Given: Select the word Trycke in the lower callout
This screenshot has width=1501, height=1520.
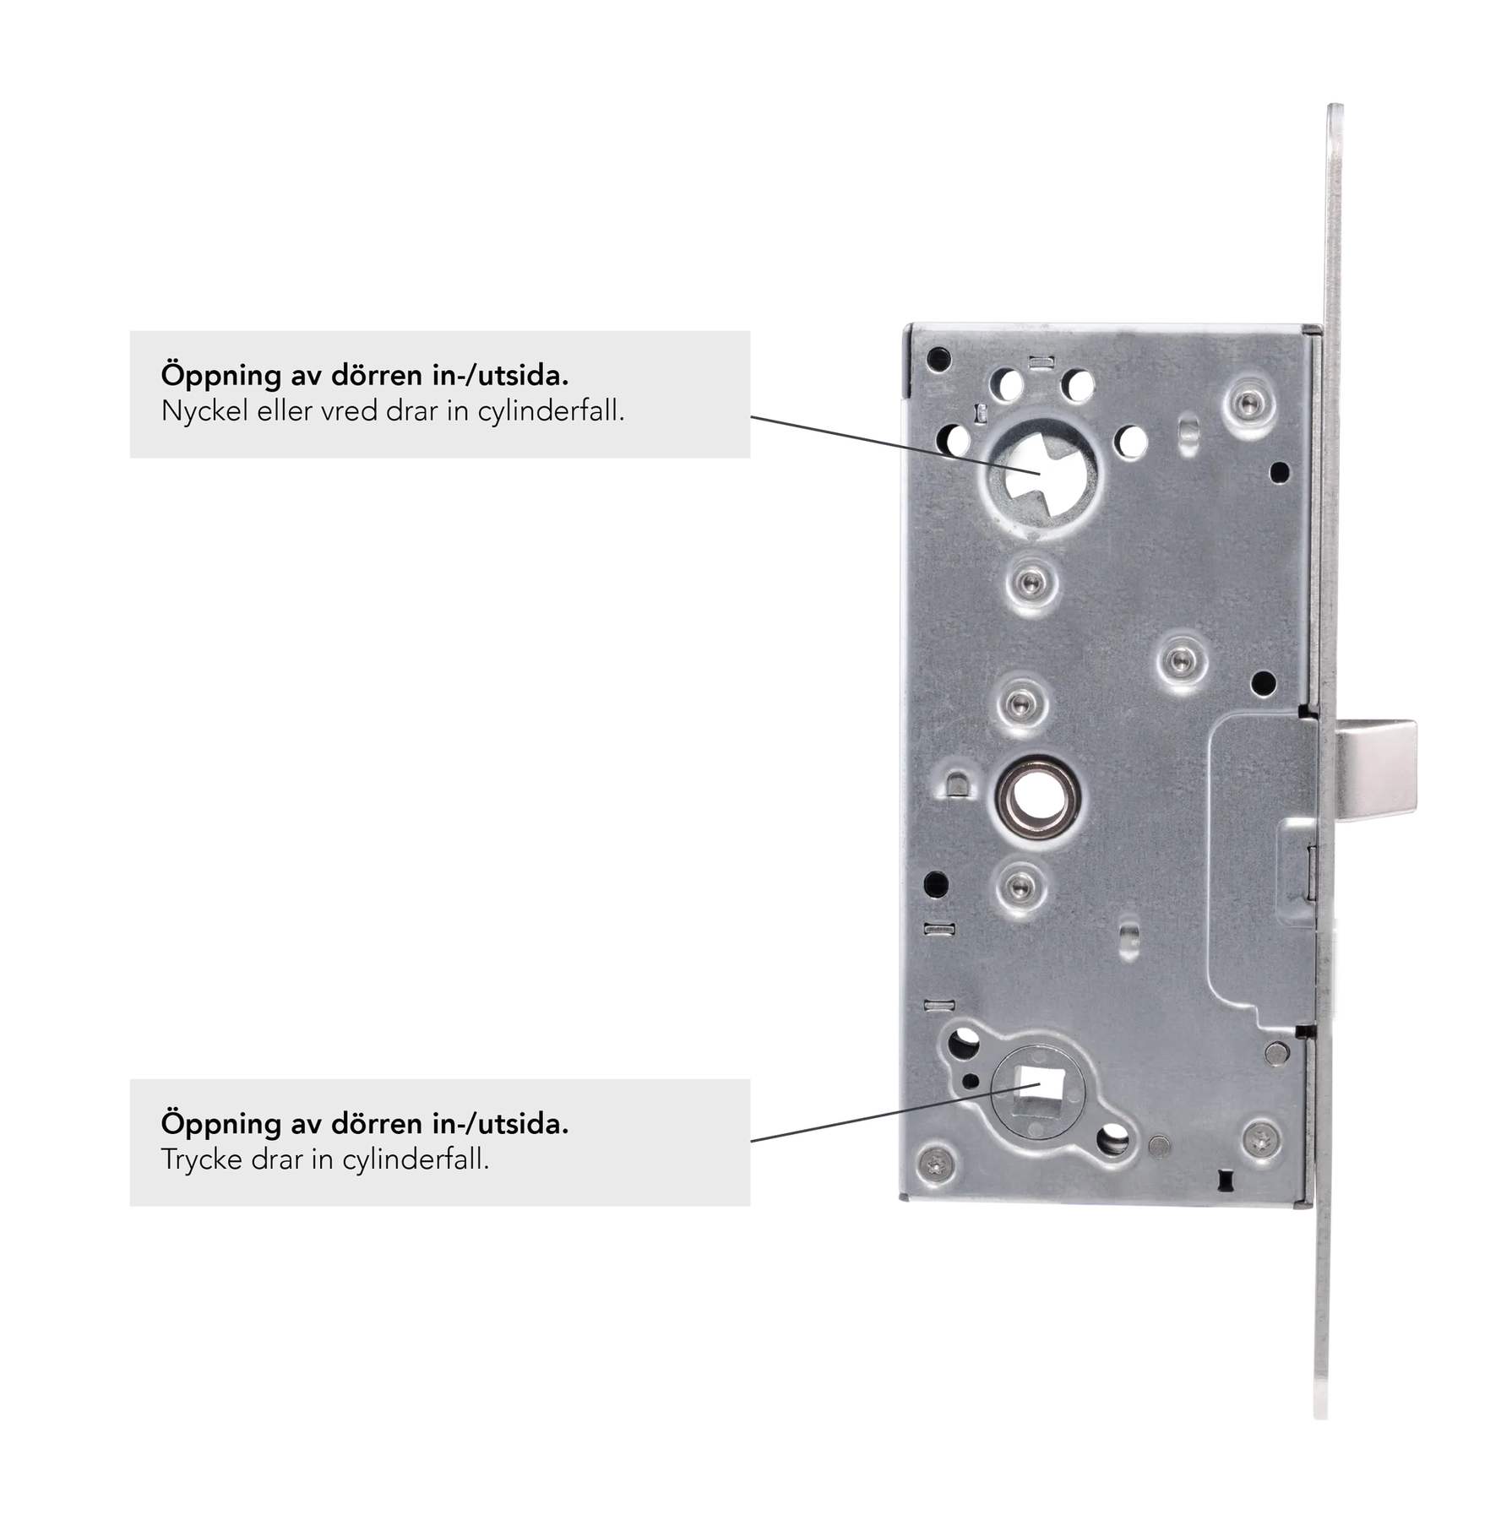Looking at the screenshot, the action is pyautogui.click(x=201, y=1160).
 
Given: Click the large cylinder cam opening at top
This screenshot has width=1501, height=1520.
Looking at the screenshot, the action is pyautogui.click(x=1041, y=476).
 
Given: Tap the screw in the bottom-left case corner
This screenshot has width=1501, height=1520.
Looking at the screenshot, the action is pyautogui.click(x=937, y=1165).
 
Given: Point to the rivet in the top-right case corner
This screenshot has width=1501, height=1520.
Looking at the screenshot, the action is pyautogui.click(x=1251, y=405).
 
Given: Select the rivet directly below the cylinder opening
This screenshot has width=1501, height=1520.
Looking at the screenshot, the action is pyautogui.click(x=1031, y=581).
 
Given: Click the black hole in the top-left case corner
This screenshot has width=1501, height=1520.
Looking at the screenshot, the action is pyautogui.click(x=938, y=360).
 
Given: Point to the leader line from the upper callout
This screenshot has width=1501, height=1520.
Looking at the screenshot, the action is pyautogui.click(x=895, y=445).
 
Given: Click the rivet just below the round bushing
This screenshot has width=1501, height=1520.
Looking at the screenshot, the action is pyautogui.click(x=1021, y=885).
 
